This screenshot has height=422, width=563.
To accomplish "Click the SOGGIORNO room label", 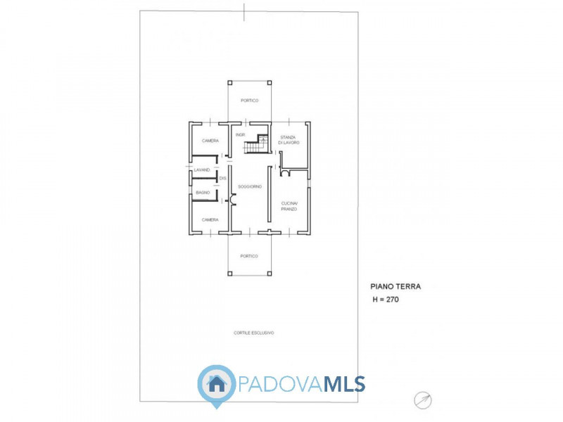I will tap(250, 186).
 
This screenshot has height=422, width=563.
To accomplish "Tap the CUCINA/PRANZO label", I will tap(290, 206).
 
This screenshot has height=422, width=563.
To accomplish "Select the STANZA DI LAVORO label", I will tap(289, 139).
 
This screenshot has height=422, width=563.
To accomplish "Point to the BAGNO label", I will tap(203, 192).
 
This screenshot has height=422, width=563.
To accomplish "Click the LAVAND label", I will tap(202, 170).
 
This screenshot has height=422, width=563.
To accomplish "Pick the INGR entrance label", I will tap(240, 134).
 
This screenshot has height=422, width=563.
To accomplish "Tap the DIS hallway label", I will tap(222, 179).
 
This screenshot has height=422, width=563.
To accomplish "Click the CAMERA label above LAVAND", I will tap(210, 141).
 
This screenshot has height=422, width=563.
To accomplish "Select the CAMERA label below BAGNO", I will tap(210, 219).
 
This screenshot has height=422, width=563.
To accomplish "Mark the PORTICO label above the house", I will tap(249, 101).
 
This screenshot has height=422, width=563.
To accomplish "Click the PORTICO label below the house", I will tap(249, 256).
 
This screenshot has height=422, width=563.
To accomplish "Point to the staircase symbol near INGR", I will tap(257, 145).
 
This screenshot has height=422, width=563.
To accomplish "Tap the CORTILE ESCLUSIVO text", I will tap(254, 332).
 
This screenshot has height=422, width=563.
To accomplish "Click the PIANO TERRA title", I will tap(396, 287).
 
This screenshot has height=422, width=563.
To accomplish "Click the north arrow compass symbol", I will tap(424, 399).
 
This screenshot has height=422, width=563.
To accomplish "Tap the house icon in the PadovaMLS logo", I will tap(216, 384).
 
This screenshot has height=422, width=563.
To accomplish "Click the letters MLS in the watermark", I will tap(343, 384).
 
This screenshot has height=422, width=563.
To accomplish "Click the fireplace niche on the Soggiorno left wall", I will tap(233, 202).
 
